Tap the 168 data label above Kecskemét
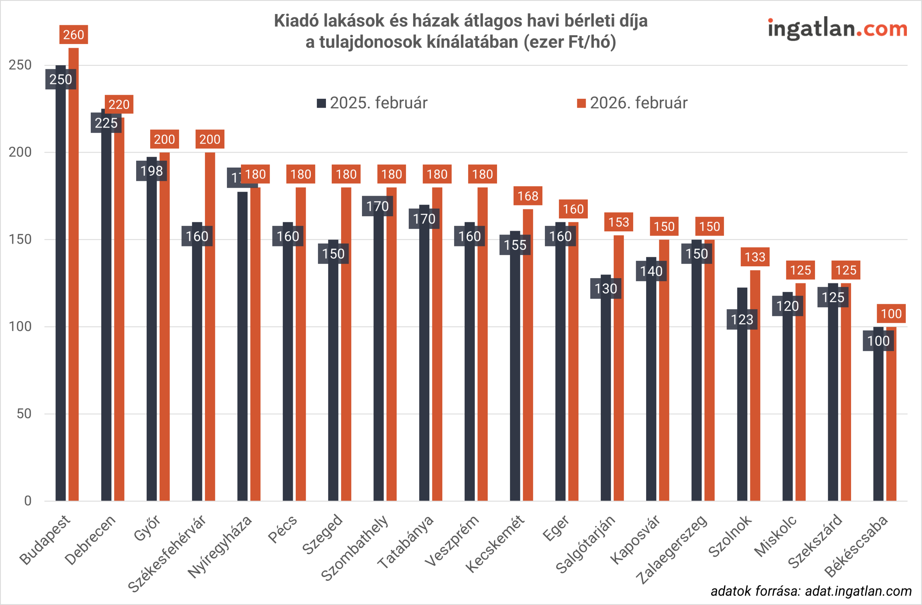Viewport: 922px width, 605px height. click(x=528, y=196)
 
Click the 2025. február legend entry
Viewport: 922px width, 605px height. click(x=372, y=103)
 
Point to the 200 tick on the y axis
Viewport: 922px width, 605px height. click(x=20, y=152)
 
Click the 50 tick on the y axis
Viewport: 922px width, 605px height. click(x=24, y=414)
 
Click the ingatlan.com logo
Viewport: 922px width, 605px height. click(x=838, y=29)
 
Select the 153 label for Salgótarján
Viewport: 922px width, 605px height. click(x=618, y=222)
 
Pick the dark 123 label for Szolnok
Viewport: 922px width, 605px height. click(x=742, y=320)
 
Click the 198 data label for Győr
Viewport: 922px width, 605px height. click(x=152, y=171)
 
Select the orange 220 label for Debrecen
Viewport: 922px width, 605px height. click(x=119, y=104)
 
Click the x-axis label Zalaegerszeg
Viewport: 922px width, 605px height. click(x=672, y=549)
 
